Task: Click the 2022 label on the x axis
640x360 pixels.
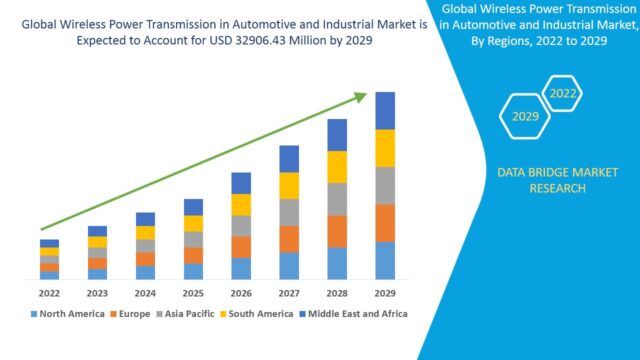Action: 49,293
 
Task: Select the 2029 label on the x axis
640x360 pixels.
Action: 385,293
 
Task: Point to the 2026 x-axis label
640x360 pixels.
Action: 241,293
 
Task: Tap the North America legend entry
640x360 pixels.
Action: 71,313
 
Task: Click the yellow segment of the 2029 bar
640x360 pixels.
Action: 385,148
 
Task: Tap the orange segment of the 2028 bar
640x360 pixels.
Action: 337,231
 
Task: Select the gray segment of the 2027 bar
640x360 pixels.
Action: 289,212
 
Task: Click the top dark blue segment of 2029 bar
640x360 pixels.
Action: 385,110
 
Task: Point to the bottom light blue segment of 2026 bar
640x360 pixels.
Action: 241,268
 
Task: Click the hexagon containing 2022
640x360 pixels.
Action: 563,94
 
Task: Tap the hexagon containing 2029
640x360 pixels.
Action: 526,116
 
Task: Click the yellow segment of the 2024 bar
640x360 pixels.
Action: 145,233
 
